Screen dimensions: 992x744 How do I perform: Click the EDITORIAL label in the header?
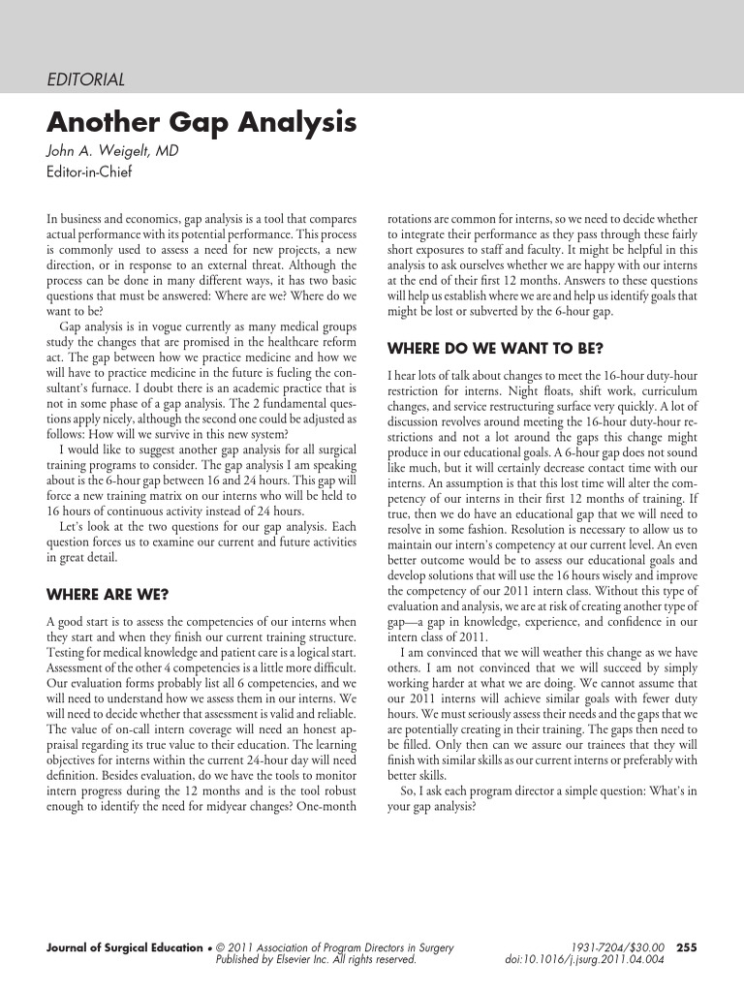pyautogui.click(x=85, y=79)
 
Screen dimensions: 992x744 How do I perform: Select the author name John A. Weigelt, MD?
pyautogui.click(x=113, y=153)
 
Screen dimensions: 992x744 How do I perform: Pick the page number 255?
pyautogui.click(x=686, y=947)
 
